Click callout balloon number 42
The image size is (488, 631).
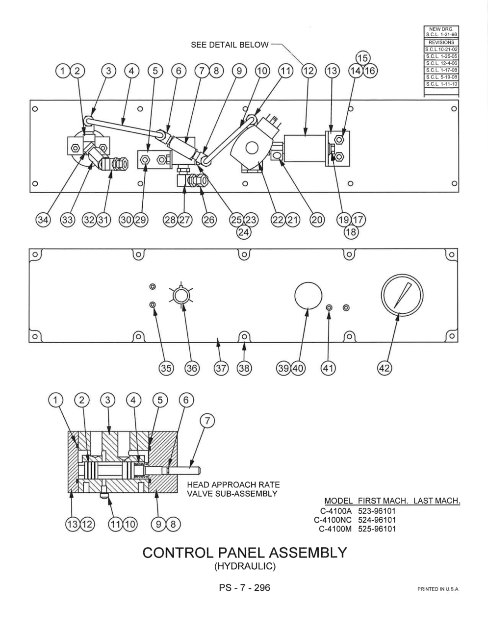pos(385,368)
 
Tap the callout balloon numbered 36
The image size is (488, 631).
pos(192,368)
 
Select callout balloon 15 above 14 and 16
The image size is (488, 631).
pos(363,58)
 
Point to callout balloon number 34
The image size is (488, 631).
pos(43,220)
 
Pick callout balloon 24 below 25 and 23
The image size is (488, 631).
pos(243,232)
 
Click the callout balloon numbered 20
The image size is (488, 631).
pos(317,220)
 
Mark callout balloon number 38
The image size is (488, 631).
pos(244,368)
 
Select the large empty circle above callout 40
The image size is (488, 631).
pos(308,296)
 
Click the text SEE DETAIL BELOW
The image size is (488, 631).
pos(230,45)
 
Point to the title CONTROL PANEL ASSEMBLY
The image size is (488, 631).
pos(245,552)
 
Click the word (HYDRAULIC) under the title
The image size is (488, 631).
pos(245,566)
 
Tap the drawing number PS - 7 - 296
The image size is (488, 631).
pos(245,587)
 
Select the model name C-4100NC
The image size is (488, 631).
pos(333,520)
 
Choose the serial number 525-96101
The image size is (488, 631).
pos(377,529)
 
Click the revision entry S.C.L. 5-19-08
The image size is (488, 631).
pos(441,77)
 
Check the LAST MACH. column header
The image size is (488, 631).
pos(437,501)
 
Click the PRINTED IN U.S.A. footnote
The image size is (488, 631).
pos(438,589)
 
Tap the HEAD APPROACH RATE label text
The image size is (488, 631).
pos(233,484)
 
